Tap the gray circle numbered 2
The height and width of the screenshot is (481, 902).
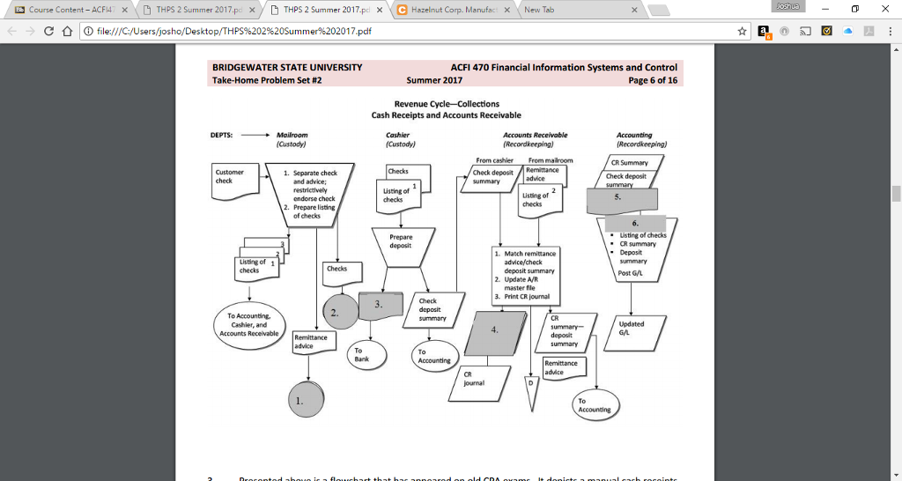(339, 311)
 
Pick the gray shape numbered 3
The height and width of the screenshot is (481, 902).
(380, 305)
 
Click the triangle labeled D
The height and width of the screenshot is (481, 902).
(529, 391)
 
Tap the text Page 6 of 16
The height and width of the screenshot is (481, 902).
(653, 80)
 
